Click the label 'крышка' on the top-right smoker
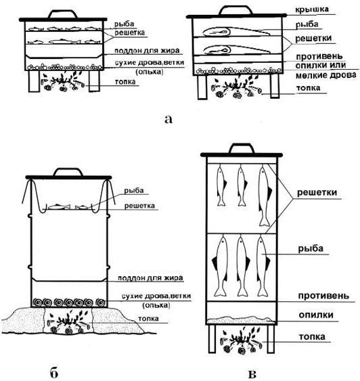coord(312,9)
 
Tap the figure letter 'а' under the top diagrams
coord(168,119)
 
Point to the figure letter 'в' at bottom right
coord(252,374)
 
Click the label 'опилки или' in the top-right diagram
coord(321,65)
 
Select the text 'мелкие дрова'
coord(325,75)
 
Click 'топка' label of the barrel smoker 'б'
coord(148,318)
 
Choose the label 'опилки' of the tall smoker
coord(316,315)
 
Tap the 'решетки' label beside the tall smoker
coord(317,193)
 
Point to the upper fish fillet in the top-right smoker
coord(236,32)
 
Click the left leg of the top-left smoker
coord(34,81)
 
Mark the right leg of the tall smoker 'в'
coord(271,339)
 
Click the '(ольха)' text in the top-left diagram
coord(150,72)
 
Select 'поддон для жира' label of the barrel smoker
coord(150,277)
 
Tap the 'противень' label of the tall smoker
coord(323,296)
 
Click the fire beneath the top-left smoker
coord(64,81)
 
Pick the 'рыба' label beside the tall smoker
coord(311,249)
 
